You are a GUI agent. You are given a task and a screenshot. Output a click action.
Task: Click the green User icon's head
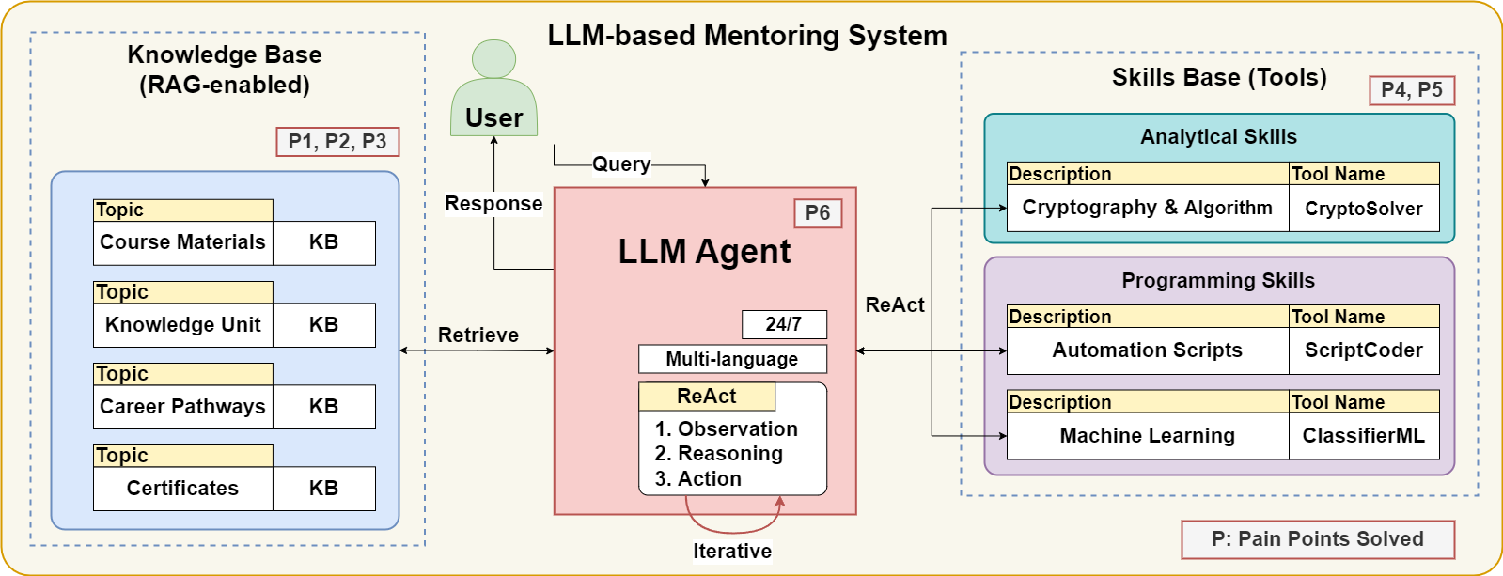(493, 59)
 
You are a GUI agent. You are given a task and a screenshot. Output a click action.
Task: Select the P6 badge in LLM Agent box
(817, 213)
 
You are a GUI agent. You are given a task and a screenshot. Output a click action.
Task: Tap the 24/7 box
(784, 324)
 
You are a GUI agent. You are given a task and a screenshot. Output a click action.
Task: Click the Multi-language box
(732, 359)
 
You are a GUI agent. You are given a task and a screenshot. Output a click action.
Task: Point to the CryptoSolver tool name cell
(1364, 209)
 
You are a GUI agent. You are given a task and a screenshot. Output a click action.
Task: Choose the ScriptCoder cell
(1364, 350)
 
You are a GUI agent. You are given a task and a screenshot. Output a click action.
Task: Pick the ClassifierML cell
(1364, 436)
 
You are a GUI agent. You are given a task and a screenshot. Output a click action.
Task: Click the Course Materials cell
(183, 242)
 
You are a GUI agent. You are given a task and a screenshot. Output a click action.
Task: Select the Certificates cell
(183, 489)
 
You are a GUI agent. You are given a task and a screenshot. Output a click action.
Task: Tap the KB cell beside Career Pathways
(323, 406)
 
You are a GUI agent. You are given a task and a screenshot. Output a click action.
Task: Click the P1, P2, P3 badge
(337, 142)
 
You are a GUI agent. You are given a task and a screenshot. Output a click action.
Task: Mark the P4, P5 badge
(1412, 90)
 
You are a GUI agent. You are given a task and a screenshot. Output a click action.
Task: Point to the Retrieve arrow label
(478, 335)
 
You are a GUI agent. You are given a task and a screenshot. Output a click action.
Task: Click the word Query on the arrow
(621, 164)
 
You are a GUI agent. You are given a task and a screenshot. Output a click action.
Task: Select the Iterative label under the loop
(732, 552)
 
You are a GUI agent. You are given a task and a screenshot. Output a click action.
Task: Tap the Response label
(493, 203)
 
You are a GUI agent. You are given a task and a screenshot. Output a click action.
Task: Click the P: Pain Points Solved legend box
(1318, 539)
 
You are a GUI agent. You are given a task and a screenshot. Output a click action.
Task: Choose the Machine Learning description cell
(1148, 436)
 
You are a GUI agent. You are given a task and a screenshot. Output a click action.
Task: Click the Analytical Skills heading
(1218, 137)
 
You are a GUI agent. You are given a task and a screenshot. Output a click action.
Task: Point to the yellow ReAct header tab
(707, 397)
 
